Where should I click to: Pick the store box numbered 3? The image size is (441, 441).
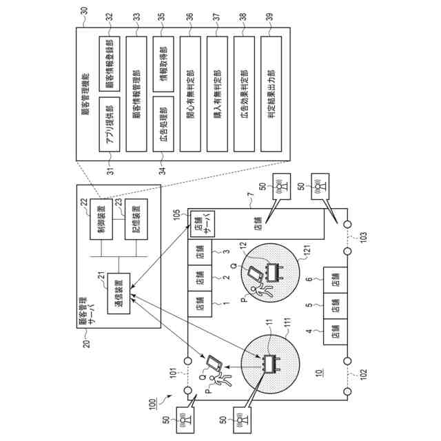pyautogui.click(x=199, y=256)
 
